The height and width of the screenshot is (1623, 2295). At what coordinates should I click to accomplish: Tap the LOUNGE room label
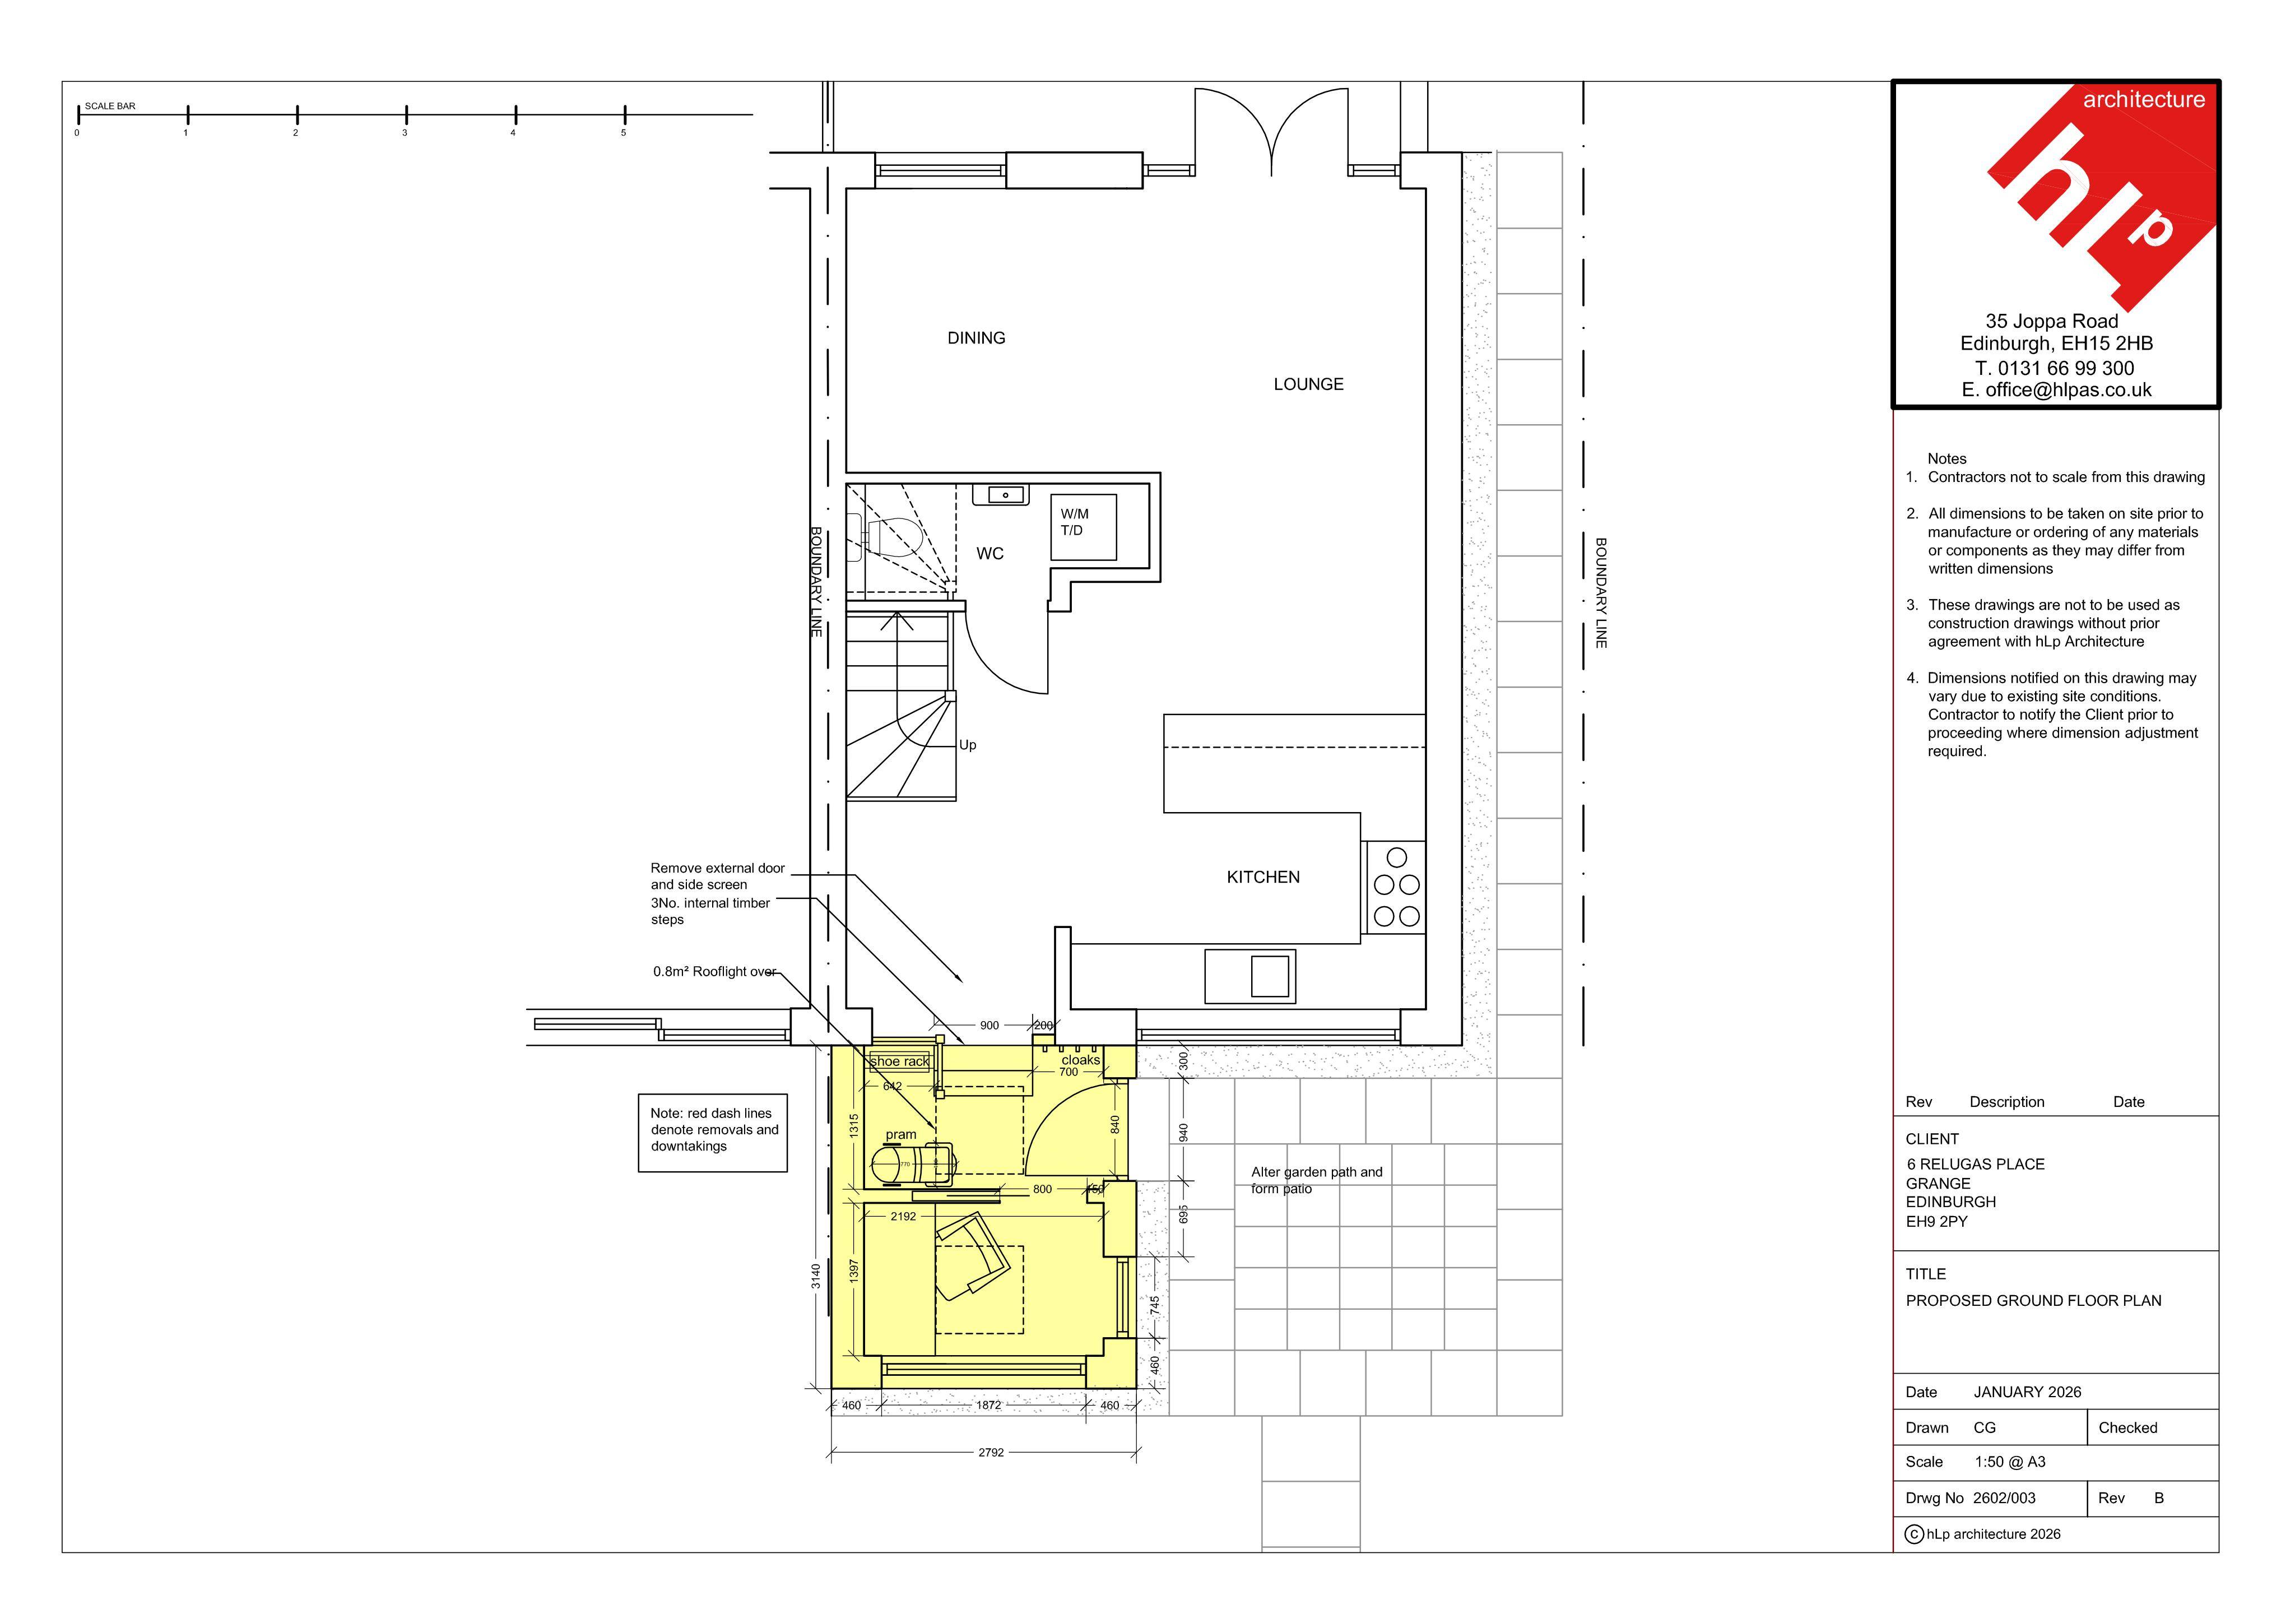click(x=1308, y=384)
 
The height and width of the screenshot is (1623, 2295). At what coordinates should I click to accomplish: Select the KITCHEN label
click(x=1263, y=877)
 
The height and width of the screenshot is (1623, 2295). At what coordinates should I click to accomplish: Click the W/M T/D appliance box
click(x=1084, y=527)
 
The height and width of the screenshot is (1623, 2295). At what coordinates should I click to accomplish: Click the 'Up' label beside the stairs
click(x=968, y=745)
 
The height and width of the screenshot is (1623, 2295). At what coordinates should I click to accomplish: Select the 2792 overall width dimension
click(x=991, y=1452)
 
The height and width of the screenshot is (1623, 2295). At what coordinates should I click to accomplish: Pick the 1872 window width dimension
click(x=988, y=1405)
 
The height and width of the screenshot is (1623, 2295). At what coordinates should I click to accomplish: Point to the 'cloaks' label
click(x=1080, y=1060)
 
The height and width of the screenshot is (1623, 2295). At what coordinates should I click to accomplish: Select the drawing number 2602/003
click(x=2004, y=1498)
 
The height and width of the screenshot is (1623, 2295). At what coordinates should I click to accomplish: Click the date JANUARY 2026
click(x=2027, y=1392)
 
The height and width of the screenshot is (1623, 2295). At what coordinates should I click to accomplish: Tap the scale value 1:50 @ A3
click(x=2010, y=1462)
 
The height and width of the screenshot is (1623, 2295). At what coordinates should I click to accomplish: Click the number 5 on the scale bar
click(x=624, y=133)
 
